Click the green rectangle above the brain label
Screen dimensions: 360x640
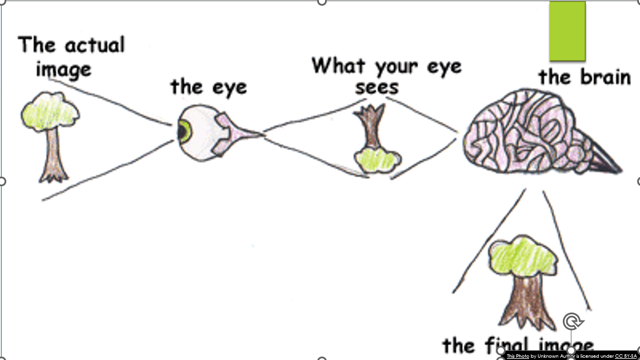tap(567, 31)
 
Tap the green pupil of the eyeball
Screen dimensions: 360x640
tap(184, 131)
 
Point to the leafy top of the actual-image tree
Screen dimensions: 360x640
tap(49, 111)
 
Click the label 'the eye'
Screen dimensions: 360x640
tap(209, 87)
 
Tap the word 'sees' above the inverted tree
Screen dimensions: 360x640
tap(377, 87)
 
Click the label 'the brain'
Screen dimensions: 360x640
tap(584, 77)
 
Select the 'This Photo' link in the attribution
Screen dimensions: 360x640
tap(518, 356)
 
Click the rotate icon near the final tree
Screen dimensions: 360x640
tap(572, 321)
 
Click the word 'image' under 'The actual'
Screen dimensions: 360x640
tap(63, 69)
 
